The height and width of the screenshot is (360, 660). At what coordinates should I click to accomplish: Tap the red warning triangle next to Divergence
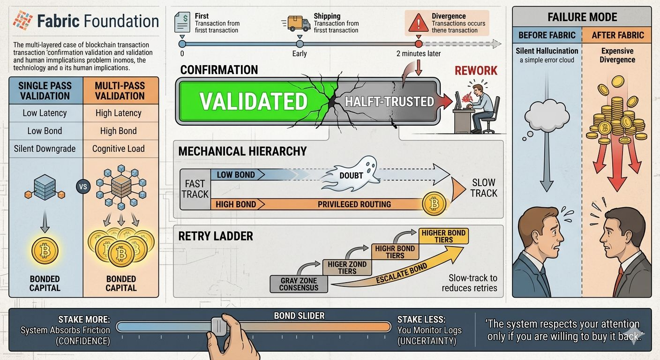coord(419,22)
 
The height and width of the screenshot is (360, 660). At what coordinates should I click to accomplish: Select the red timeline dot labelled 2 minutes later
coord(419,44)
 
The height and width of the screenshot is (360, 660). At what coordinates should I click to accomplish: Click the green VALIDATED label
coord(254,101)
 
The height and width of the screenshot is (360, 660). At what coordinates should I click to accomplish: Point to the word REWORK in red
coord(476,71)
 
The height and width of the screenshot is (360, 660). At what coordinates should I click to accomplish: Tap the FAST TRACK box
coord(195,188)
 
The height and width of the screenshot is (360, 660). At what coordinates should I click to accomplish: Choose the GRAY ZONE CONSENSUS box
coord(299,284)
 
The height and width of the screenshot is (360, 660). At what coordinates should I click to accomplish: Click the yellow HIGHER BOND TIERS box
coord(443,236)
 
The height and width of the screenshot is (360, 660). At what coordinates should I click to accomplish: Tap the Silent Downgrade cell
coord(45,149)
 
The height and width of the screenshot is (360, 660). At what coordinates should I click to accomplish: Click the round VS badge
coord(82,187)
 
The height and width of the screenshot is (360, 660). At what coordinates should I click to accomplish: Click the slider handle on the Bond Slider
coord(218,326)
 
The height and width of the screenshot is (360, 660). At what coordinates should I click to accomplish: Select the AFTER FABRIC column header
coord(617,35)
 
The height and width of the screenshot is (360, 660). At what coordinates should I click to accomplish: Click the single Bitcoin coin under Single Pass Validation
coord(45,251)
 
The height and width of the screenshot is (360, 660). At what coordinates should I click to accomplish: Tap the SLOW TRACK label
coord(484,187)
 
